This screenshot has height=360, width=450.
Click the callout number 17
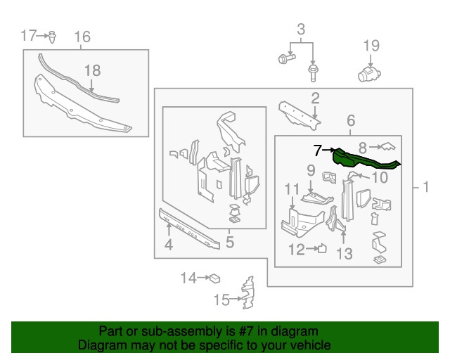[x=28, y=35]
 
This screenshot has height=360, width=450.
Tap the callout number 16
[x=82, y=37]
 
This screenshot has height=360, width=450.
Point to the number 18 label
[x=92, y=70]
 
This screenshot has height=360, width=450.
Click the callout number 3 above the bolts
[x=301, y=30]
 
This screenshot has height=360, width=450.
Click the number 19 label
[x=371, y=46]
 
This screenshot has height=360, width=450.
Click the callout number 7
[x=317, y=150]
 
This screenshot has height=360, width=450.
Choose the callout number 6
[x=350, y=122]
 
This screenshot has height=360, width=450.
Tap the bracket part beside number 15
[x=246, y=294]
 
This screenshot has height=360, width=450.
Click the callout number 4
[x=168, y=245]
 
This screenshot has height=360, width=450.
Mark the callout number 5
[x=229, y=243]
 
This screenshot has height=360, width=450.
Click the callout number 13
[x=344, y=253]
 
